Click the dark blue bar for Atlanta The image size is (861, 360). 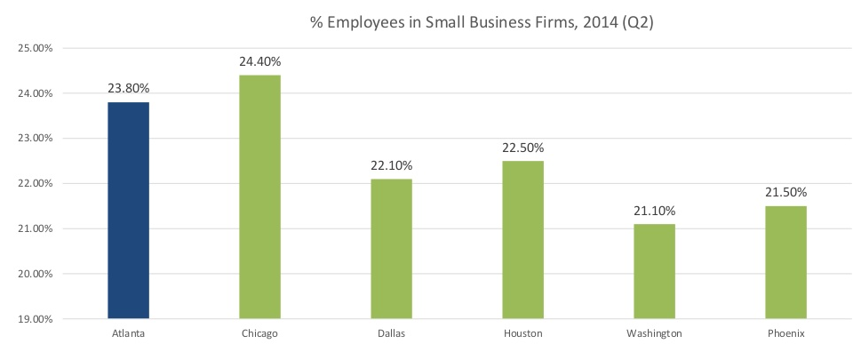(x=128, y=210)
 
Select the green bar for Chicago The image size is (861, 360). (x=259, y=196)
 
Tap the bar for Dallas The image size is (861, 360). (x=391, y=248)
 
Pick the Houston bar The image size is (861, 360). (x=522, y=239)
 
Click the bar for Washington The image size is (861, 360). (x=654, y=271)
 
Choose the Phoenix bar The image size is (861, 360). (x=785, y=261)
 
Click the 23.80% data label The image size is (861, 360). (x=128, y=89)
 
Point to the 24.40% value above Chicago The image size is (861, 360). (x=259, y=62)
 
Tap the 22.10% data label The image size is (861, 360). (x=391, y=166)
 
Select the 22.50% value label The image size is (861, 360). (x=522, y=148)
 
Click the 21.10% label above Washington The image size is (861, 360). (x=654, y=211)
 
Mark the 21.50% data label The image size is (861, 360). (x=785, y=193)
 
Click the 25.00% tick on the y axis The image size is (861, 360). (x=36, y=48)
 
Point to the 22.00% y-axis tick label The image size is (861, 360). (x=36, y=183)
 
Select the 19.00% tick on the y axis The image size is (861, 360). (x=36, y=318)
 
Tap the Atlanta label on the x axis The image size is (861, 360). (x=128, y=334)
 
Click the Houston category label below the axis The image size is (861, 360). (x=522, y=334)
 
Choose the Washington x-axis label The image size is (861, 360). (x=654, y=334)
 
